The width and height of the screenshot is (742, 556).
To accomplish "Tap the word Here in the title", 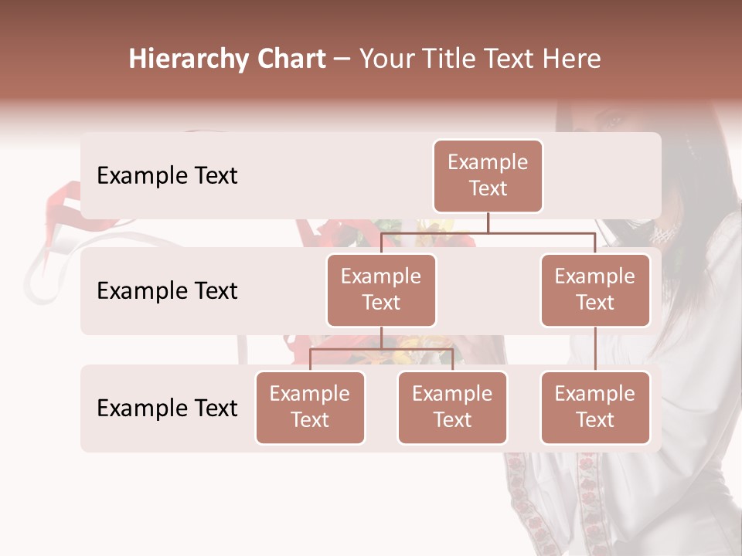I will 571,59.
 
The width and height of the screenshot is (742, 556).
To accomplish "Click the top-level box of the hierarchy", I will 488,176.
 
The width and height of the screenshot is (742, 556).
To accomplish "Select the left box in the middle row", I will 381,290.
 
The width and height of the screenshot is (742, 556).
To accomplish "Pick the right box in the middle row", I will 595,290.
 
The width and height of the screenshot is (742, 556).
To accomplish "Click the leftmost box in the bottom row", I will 310,408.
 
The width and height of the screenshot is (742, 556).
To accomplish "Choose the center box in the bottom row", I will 452,408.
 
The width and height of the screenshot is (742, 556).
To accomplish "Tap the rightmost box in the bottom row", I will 595,408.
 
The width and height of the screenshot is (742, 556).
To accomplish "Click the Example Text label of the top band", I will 167,176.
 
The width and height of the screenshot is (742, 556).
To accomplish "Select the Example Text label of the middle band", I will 167,291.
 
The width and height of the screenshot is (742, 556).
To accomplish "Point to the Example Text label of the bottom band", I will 167,408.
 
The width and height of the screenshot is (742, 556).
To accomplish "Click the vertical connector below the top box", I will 488,222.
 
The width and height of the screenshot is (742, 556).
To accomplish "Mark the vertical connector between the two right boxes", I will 595,349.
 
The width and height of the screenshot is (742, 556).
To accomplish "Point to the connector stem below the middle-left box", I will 381,337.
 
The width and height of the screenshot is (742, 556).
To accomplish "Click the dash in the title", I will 342,59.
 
